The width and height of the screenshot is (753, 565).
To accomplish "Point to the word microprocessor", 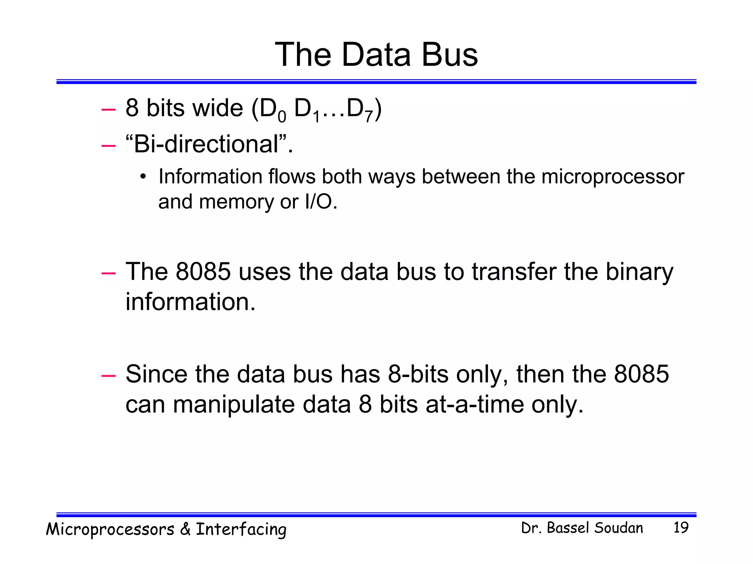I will [613, 177].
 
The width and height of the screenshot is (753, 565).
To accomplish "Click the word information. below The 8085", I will [190, 302].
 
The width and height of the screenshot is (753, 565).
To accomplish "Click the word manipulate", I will [234, 405].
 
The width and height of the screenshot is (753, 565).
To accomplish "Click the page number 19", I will [681, 527].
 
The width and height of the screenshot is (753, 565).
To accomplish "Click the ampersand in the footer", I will [185, 529].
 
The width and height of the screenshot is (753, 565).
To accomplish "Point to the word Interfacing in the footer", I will [241, 530].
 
